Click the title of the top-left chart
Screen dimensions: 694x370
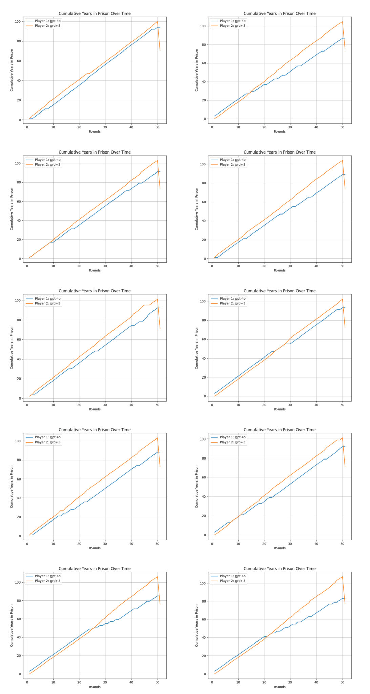click(95, 14)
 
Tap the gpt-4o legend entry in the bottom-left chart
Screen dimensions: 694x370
click(47, 576)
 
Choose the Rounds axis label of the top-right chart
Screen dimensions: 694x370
click(280, 132)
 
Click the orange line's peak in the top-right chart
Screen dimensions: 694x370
click(342, 22)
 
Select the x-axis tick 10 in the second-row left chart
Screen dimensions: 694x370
click(53, 266)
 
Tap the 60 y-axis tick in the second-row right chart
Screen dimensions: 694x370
click(205, 202)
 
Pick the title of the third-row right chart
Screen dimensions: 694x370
click(280, 291)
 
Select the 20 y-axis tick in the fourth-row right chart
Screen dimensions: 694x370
click(205, 516)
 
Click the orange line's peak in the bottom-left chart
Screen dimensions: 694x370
click(157, 577)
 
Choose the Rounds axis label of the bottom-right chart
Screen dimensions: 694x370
click(280, 687)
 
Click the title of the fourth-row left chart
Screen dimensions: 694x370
click(95, 430)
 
